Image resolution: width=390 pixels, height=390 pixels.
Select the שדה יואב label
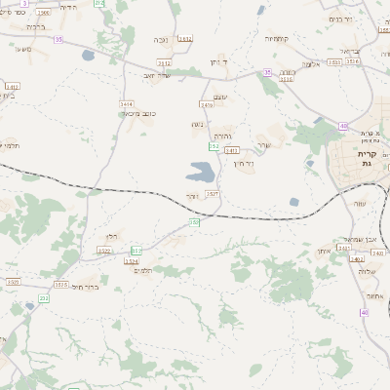pos(157,74)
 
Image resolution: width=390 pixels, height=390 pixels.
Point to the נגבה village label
pos(160,40)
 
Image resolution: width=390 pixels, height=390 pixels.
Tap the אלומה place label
pos(311,64)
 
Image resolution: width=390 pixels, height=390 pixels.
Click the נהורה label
pos(221,136)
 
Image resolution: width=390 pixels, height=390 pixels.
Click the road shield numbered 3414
pos(126,102)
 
